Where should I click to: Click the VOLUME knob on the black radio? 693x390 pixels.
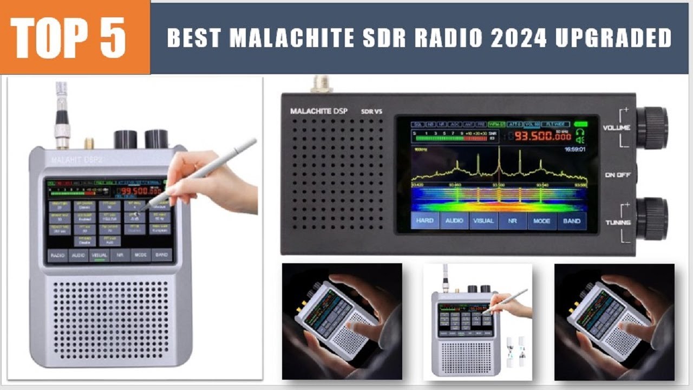pos(652,128)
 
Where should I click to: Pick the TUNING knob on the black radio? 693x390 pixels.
pos(652,218)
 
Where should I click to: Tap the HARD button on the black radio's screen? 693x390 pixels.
pos(425,221)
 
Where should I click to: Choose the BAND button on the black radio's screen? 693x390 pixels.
pos(572,221)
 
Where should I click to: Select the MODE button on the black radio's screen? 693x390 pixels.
pos(542,221)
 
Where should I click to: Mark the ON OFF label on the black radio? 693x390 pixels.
pos(617,175)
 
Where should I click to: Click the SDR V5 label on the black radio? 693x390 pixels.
pos(372,112)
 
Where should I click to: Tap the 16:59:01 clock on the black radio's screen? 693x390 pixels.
pos(575,149)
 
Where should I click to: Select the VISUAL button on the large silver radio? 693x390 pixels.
pos(99,255)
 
